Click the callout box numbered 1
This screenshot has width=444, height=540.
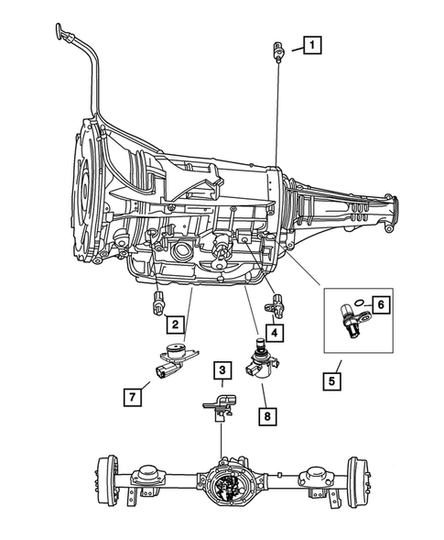click(313, 43)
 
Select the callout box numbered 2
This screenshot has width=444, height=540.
click(173, 323)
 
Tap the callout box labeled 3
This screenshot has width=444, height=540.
click(222, 370)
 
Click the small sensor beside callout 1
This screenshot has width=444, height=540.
click(277, 51)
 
